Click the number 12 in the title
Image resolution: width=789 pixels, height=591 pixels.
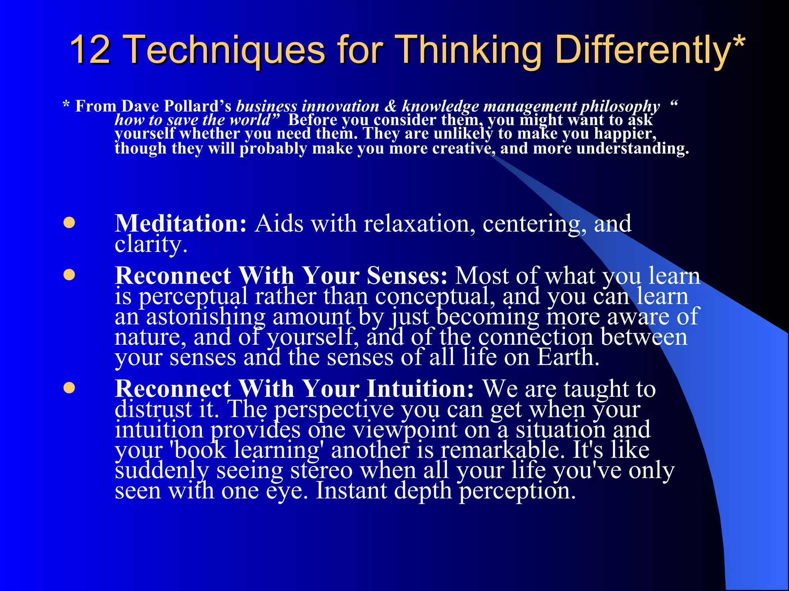(91, 50)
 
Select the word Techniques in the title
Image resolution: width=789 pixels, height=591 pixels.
(225, 50)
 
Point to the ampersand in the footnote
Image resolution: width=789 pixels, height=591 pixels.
(391, 106)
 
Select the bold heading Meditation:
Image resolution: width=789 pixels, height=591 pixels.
(181, 224)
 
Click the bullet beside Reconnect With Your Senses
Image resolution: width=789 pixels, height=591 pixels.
(69, 275)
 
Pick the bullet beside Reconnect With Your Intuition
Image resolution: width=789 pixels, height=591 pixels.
(69, 388)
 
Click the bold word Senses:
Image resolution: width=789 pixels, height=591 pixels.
(407, 276)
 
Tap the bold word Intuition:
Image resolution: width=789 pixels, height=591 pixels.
(420, 389)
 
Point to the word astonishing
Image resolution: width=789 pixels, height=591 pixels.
(206, 317)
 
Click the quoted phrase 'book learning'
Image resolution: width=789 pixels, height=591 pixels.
(247, 450)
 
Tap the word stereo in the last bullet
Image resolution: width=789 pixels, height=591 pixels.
(321, 470)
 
